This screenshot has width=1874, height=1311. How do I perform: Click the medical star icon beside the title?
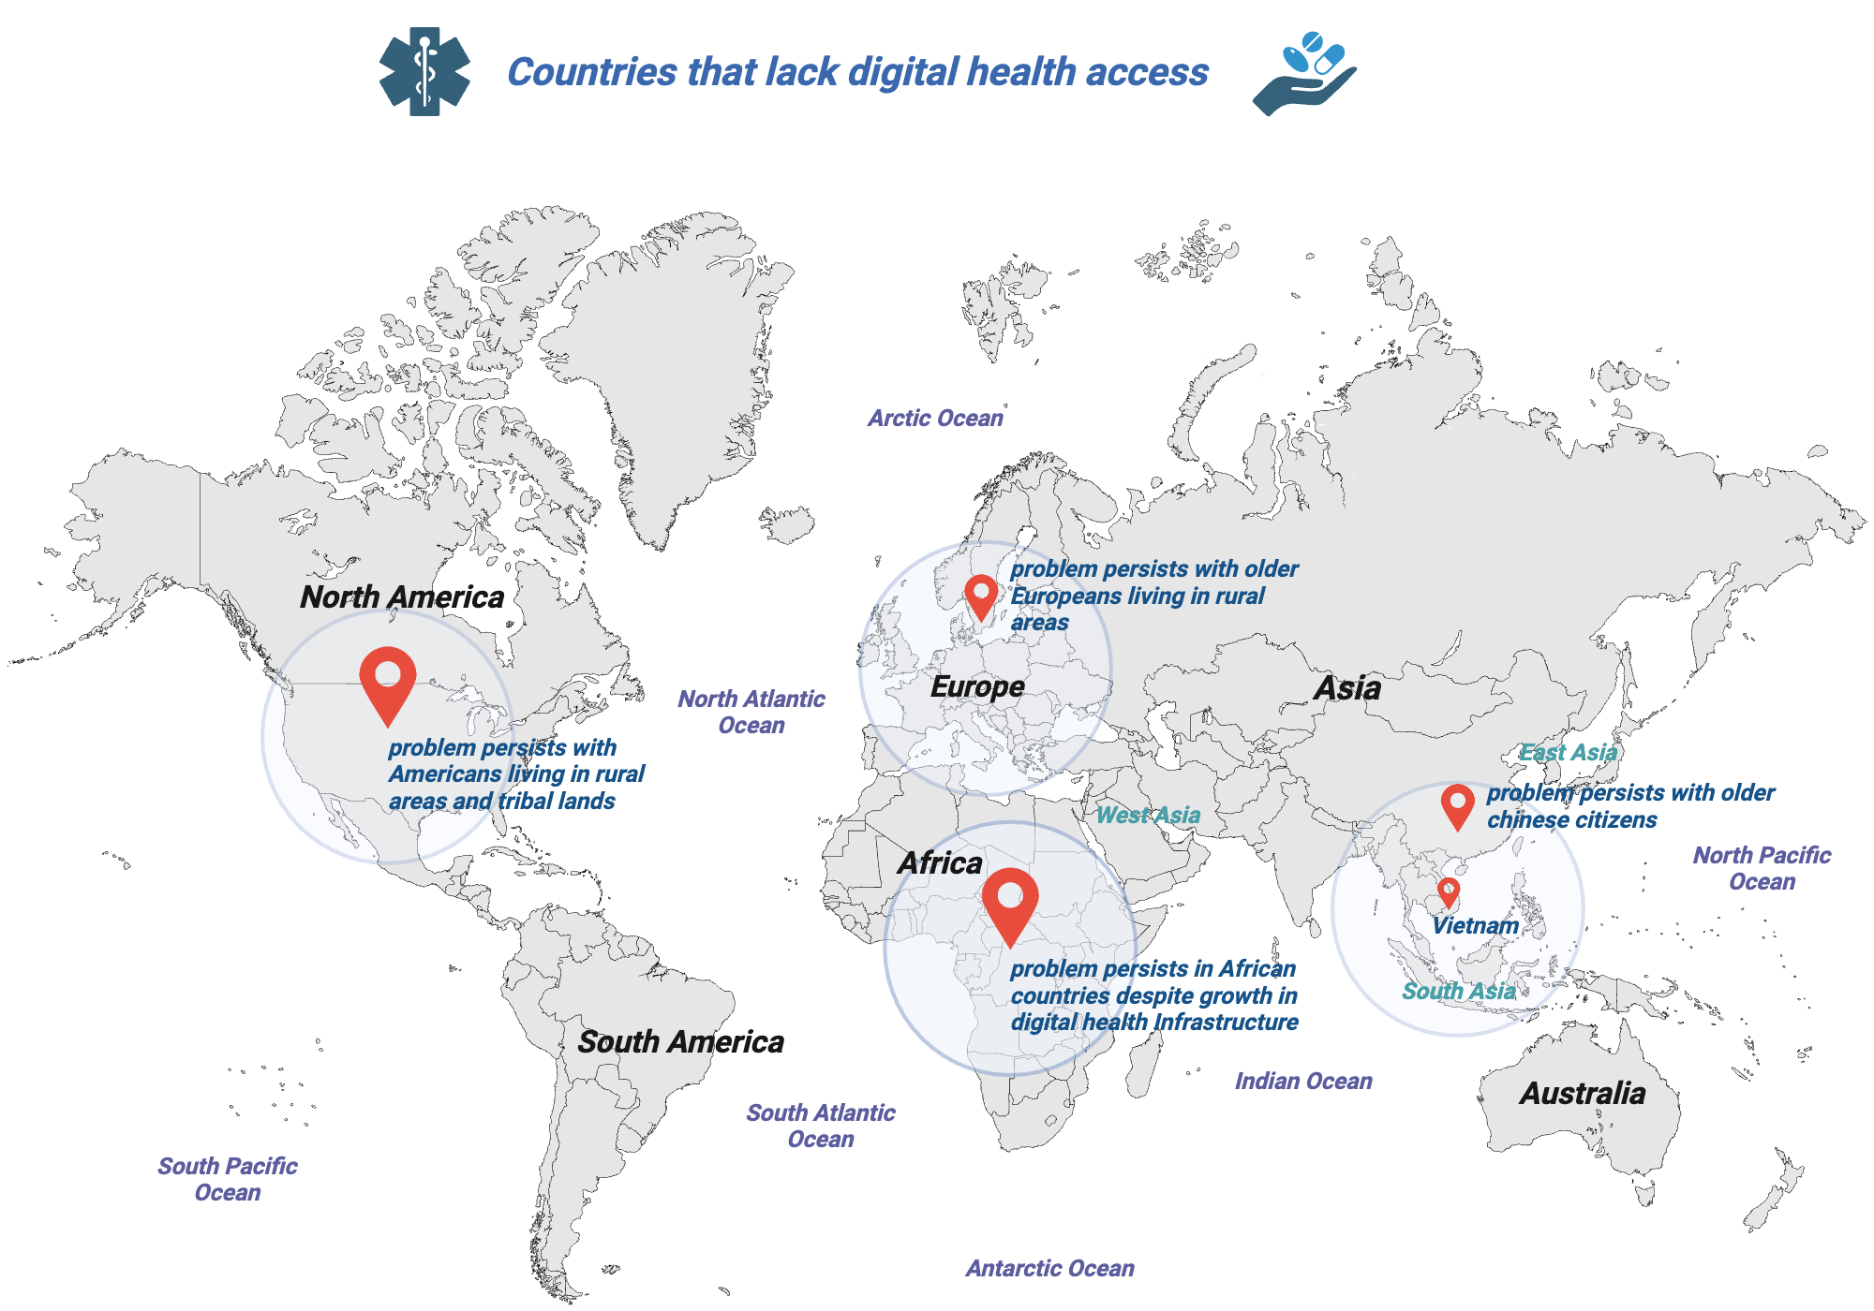pyautogui.click(x=424, y=72)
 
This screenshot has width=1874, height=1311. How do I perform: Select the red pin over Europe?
pyautogui.click(x=980, y=596)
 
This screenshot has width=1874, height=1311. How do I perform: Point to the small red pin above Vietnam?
pyautogui.click(x=1449, y=891)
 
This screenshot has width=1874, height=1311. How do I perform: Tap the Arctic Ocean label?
pyautogui.click(x=935, y=419)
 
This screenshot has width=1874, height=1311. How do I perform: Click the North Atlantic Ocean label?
pyautogui.click(x=751, y=712)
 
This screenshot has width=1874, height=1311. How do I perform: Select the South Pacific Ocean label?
pyautogui.click(x=228, y=1179)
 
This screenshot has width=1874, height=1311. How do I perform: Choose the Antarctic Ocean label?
pyautogui.click(x=1049, y=1269)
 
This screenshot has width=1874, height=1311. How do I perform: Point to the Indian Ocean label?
pyautogui.click(x=1303, y=1082)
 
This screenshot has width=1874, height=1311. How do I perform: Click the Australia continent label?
pyautogui.click(x=1583, y=1094)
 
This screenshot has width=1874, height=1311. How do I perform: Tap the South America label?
pyautogui.click(x=681, y=1042)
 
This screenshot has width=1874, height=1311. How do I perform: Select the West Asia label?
pyautogui.click(x=1148, y=816)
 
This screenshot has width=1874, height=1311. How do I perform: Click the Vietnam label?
pyautogui.click(x=1476, y=926)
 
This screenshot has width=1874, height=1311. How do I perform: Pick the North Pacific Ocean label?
pyautogui.click(x=1762, y=868)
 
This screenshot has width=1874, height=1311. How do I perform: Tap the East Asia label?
pyautogui.click(x=1568, y=753)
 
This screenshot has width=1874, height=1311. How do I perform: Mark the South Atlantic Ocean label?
pyautogui.click(x=821, y=1126)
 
